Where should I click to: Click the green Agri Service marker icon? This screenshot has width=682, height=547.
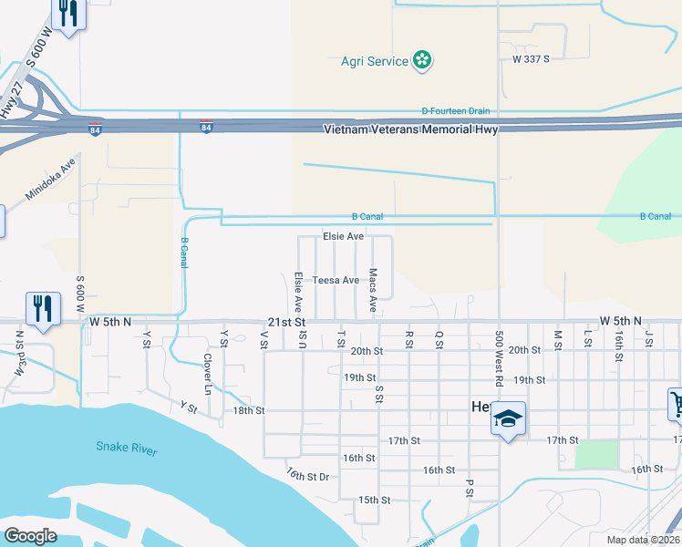coord(422,61)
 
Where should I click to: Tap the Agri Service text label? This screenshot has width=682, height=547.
coord(374,61)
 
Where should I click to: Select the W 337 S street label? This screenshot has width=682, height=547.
coord(531,59)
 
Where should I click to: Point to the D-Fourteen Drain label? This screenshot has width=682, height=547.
coord(455,111)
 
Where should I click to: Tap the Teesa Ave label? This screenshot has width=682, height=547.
coord(336,280)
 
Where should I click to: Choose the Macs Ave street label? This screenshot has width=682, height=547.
coord(373,290)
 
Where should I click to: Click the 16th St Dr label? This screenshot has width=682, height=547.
coord(306,475)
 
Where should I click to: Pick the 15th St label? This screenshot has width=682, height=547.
coord(374,500)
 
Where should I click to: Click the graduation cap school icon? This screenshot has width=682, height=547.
coord(509,419)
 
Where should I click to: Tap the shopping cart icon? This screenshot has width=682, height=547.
coord(677,403)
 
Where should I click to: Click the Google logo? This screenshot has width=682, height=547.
coord(30,536)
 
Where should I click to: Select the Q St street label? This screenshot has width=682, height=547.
coord(439,338)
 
